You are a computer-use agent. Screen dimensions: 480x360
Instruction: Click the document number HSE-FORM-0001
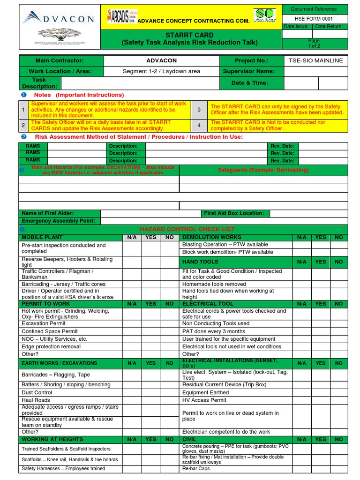tap(315, 18)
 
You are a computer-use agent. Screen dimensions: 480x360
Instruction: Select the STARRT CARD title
tap(189, 35)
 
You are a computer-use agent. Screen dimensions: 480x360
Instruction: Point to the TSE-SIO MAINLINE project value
tap(316, 60)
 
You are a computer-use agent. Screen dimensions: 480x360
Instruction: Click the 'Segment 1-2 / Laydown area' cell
tap(161, 71)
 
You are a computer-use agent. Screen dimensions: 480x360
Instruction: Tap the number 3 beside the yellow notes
tap(199, 109)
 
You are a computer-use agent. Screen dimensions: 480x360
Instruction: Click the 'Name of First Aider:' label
tap(46, 213)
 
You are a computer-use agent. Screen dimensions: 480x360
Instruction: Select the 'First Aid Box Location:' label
tap(234, 213)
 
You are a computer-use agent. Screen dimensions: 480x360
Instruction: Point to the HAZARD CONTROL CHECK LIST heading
tap(187, 229)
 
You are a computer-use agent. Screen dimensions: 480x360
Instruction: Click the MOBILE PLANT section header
tap(42, 237)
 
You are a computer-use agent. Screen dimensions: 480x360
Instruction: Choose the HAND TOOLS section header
tap(200, 262)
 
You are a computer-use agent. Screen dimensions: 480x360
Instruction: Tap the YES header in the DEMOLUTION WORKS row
tap(321, 237)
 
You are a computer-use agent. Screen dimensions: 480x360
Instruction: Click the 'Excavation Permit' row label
tap(43, 324)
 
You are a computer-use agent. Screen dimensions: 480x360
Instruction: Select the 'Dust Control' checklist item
tap(37, 392)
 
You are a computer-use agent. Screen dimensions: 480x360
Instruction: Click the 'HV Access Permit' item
tap(204, 400)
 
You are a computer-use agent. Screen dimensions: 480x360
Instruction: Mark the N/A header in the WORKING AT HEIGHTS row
tap(132, 439)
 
